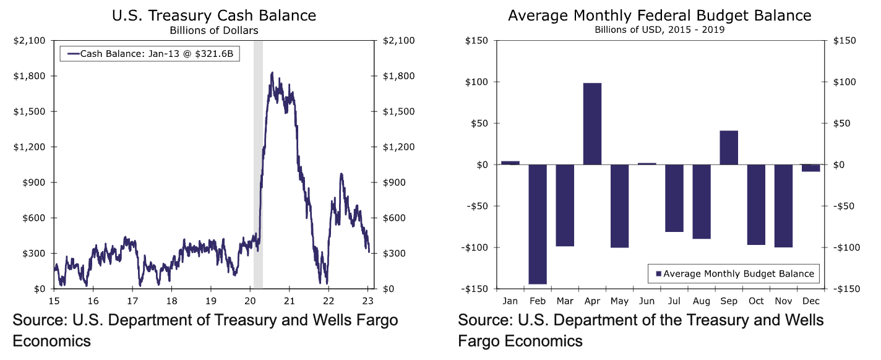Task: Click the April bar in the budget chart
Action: (592, 124)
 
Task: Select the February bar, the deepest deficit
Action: (538, 224)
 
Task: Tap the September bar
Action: (729, 148)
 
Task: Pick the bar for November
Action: (783, 206)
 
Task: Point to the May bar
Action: (619, 206)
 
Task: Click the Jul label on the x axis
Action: (674, 301)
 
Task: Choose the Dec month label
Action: (810, 301)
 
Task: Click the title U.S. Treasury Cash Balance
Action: (214, 15)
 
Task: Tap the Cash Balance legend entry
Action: (150, 54)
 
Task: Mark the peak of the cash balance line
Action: (272, 73)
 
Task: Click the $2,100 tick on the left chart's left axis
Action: (28, 41)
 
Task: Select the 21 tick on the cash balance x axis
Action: (288, 301)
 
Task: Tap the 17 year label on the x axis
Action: (132, 301)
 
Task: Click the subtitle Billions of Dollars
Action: (214, 29)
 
